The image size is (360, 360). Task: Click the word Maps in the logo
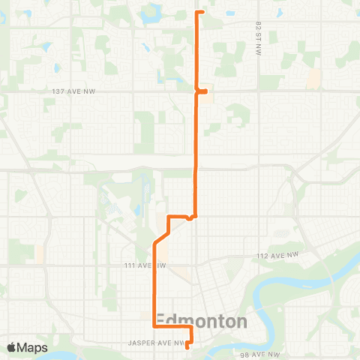[33, 347]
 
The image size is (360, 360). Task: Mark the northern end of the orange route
[196, 12]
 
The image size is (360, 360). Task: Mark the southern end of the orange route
[187, 346]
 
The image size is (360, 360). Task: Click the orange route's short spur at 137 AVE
[202, 91]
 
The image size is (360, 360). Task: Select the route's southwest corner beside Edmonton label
[154, 327]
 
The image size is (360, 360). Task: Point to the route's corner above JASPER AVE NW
[190, 328]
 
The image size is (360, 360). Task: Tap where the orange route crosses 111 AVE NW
[154, 265]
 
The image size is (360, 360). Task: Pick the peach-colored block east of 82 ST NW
[313, 78]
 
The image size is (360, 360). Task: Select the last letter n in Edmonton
[241, 322]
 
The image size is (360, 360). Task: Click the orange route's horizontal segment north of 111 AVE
[180, 217]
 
